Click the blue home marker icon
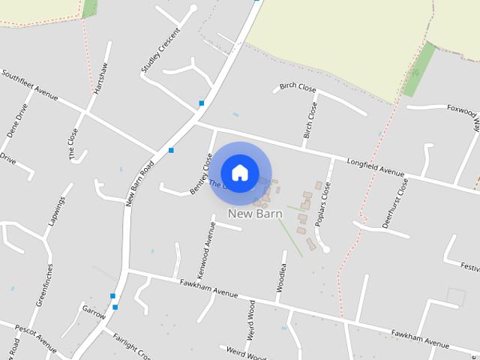tap(239, 172)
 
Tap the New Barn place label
tap(255, 214)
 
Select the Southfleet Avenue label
tap(29, 85)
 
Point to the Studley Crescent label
tap(160, 51)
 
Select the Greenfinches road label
tap(44, 284)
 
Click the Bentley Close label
tap(202, 173)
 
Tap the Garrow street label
tap(94, 311)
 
